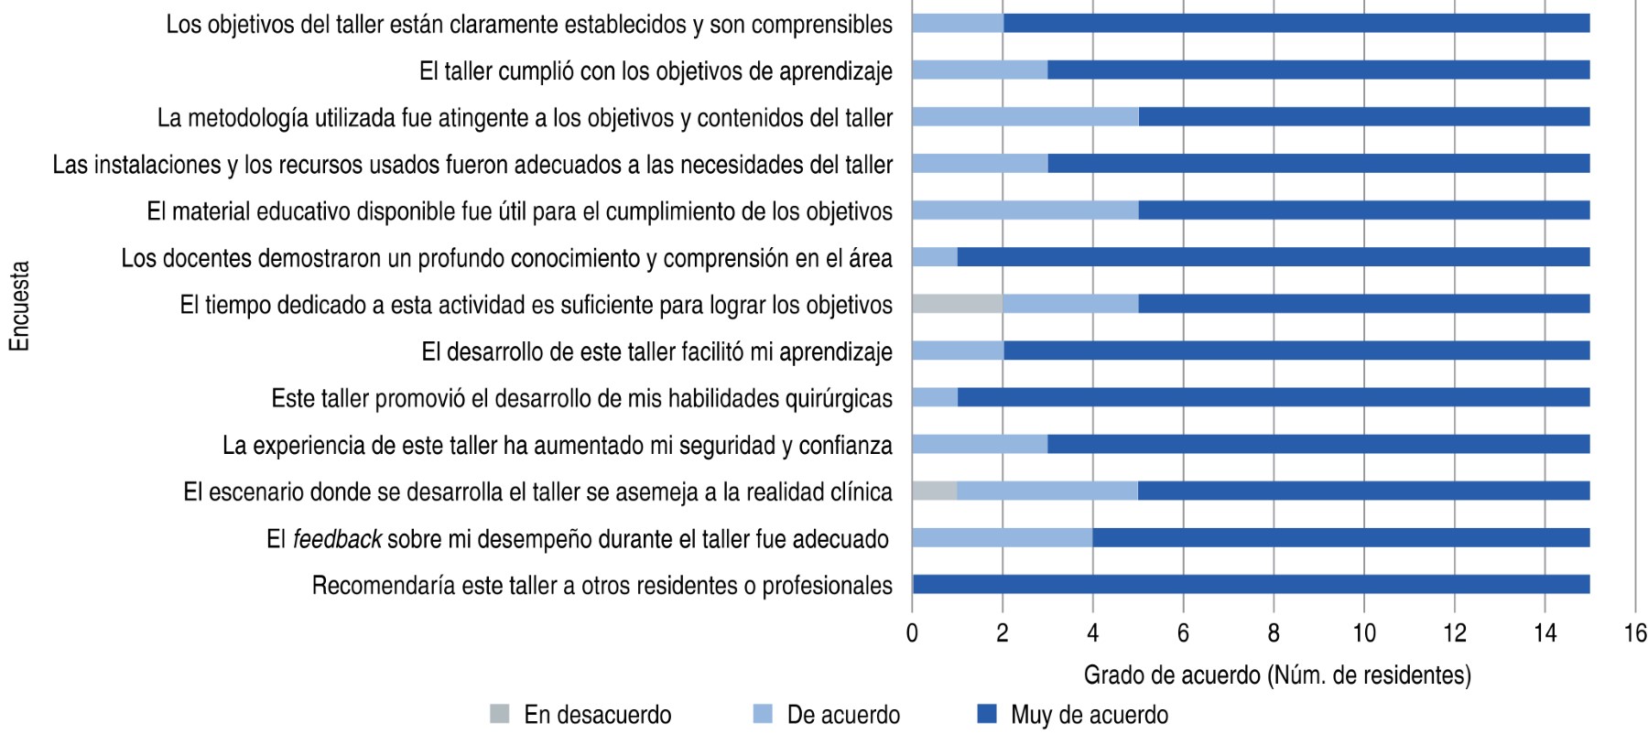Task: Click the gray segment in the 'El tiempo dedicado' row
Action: pos(957,304)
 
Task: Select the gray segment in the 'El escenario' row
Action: pos(934,491)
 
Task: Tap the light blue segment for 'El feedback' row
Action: pos(1002,538)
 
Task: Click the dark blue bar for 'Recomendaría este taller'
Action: pos(1251,585)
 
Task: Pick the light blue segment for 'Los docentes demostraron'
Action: pos(934,257)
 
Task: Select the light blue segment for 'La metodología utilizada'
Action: pos(1025,116)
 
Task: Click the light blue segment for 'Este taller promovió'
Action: pos(934,397)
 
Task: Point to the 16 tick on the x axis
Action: pos(1634,633)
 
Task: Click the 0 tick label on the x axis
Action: pos(912,633)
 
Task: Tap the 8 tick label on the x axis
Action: pos(1274,633)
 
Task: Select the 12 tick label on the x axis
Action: pos(1454,633)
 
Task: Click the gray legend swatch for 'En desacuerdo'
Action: pos(500,714)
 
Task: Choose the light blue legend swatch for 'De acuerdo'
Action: pos(763,714)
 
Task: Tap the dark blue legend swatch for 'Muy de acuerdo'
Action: pos(987,714)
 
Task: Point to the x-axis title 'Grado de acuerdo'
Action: pos(1277,675)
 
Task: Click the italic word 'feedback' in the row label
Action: pos(336,540)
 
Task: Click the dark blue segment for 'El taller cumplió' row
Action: pos(1318,70)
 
